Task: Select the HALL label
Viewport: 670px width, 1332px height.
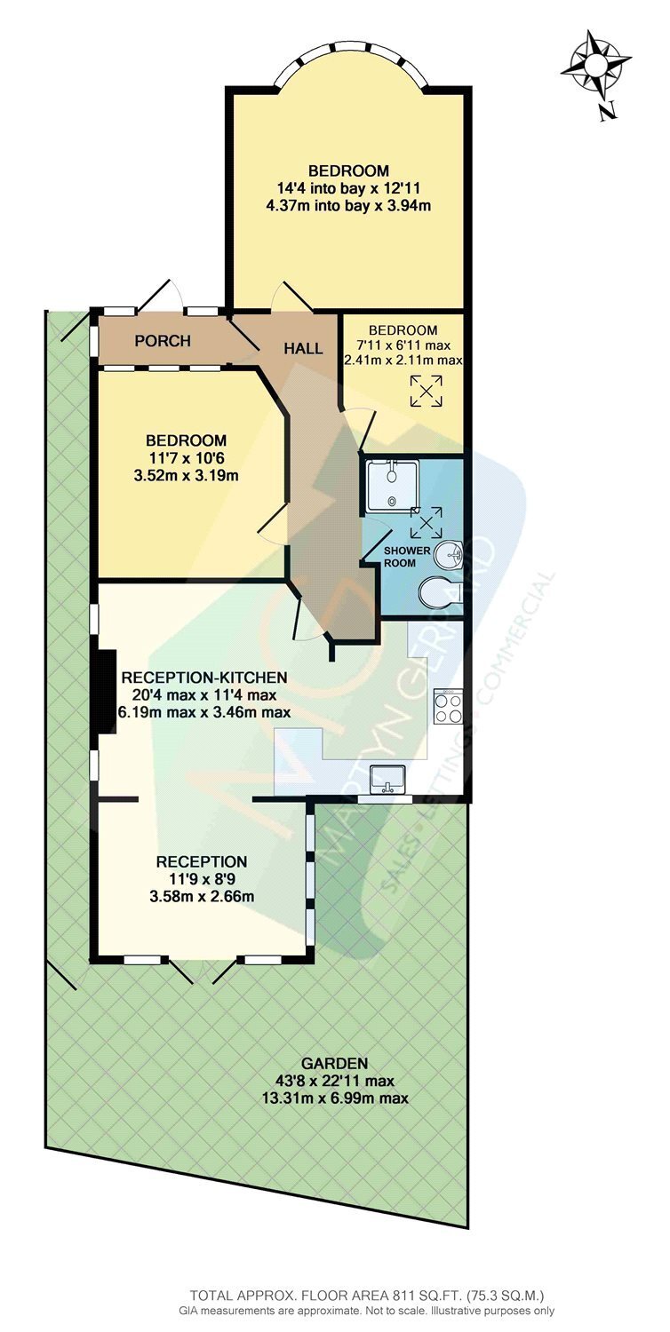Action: (x=303, y=348)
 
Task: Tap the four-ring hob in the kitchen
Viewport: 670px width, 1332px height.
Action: (x=449, y=706)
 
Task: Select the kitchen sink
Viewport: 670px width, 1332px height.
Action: (x=387, y=780)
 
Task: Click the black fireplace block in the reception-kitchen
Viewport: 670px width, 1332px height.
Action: (x=107, y=693)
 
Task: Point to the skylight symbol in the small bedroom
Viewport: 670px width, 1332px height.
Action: (x=426, y=391)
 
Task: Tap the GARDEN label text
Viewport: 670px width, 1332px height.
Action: (x=334, y=1063)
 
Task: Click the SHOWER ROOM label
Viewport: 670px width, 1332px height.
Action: (x=406, y=556)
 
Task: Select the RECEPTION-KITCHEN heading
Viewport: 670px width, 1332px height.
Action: (x=204, y=677)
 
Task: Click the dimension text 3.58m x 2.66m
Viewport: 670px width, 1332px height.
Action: (x=202, y=896)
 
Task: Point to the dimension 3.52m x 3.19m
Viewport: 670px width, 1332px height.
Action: (x=187, y=475)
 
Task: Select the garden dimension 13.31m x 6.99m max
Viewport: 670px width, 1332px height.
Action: (x=335, y=1098)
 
